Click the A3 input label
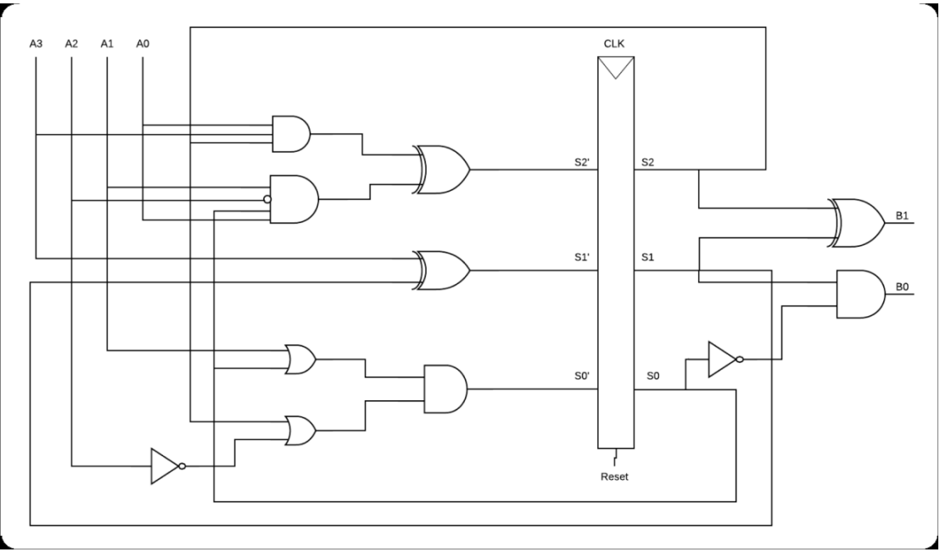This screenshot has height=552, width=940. (x=36, y=42)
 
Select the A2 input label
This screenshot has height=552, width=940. (x=71, y=42)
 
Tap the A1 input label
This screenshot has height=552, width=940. (x=107, y=42)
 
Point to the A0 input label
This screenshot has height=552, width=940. (x=143, y=42)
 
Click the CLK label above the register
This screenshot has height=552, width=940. (x=615, y=42)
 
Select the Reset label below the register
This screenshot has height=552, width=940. (x=615, y=477)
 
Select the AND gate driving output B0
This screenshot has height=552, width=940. (x=860, y=294)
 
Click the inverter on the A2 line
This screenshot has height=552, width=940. (x=166, y=466)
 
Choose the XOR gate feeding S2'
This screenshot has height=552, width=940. (x=442, y=169)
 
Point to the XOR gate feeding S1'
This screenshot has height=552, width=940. (x=442, y=270)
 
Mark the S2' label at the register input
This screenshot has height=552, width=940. (x=583, y=161)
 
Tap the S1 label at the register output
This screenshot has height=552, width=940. (x=647, y=256)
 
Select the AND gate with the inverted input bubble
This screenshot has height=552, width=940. (x=294, y=200)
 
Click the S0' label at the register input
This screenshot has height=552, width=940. (x=583, y=375)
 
